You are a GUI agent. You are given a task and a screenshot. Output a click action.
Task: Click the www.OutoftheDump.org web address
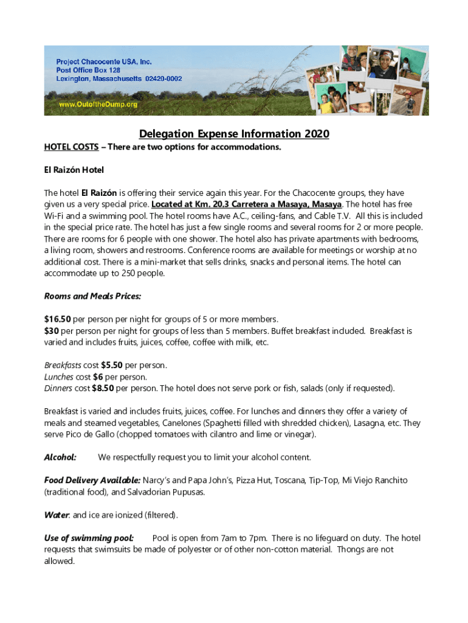(x=97, y=105)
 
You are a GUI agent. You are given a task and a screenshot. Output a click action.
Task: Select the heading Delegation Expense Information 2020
(x=234, y=134)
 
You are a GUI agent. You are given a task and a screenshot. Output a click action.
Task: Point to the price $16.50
(x=58, y=319)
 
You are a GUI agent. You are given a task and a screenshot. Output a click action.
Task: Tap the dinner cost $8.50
(x=103, y=388)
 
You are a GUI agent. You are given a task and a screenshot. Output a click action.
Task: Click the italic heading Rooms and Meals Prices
(x=92, y=296)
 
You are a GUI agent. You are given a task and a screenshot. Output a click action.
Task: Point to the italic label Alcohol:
(x=60, y=457)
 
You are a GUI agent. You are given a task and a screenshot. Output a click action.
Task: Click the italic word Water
(x=57, y=515)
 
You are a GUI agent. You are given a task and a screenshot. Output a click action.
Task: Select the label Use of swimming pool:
(x=89, y=538)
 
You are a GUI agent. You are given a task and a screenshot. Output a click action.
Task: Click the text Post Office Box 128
(x=92, y=71)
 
